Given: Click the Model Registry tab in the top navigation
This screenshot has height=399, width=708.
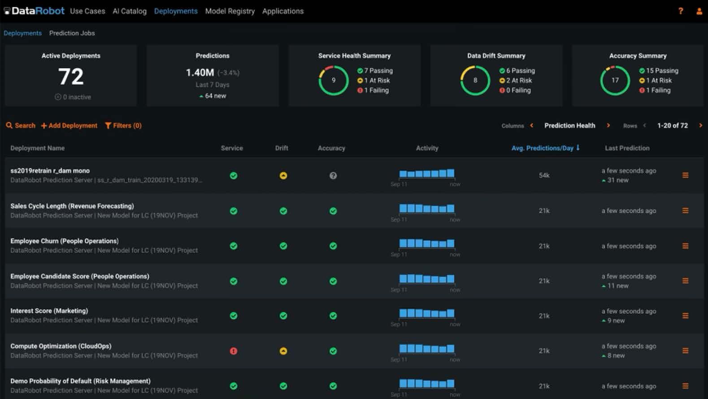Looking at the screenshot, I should [x=230, y=11].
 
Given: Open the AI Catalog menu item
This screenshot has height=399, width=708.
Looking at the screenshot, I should [x=130, y=11].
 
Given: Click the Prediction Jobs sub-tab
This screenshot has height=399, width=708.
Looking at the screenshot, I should [x=72, y=33].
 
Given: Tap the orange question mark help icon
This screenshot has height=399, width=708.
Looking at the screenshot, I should [x=680, y=11].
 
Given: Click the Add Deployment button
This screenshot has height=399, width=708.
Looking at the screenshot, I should [x=69, y=126].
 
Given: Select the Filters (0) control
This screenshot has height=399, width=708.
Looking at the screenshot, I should [x=123, y=126].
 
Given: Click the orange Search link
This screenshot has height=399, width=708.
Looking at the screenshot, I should [x=21, y=126].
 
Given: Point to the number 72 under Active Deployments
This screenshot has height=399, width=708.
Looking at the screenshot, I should [x=71, y=77].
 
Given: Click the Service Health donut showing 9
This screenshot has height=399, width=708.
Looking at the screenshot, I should [x=334, y=80].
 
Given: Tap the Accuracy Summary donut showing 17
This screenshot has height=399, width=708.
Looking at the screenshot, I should [x=615, y=80].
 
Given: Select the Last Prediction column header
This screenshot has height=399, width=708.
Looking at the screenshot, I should [x=627, y=148].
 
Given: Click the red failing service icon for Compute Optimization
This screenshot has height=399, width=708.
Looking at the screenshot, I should [x=234, y=351].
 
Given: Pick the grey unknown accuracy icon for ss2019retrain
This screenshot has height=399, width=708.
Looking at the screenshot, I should [x=333, y=176].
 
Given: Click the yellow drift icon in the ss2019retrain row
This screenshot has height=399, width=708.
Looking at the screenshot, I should [x=283, y=176].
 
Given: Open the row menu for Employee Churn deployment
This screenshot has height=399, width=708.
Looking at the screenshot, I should [x=685, y=246].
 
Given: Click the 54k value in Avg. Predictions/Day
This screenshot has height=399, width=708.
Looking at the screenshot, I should [x=544, y=175].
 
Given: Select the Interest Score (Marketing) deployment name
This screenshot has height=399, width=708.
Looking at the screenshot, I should [x=49, y=311].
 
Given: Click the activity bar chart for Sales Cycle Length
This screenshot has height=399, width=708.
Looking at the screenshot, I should [x=427, y=208].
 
